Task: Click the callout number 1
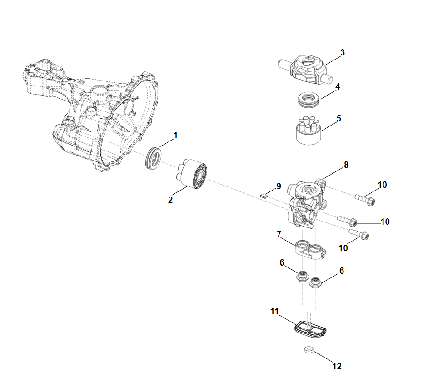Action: (x=176, y=136)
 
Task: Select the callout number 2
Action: (x=170, y=200)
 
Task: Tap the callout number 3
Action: (x=342, y=52)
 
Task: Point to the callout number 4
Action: (x=337, y=86)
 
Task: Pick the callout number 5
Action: (x=338, y=118)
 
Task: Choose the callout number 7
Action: (x=279, y=234)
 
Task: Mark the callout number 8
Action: (x=346, y=165)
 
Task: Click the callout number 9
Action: (x=279, y=186)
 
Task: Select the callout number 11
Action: (x=274, y=312)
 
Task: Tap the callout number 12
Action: (x=337, y=366)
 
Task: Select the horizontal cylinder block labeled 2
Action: (x=192, y=175)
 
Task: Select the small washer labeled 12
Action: (x=309, y=349)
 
